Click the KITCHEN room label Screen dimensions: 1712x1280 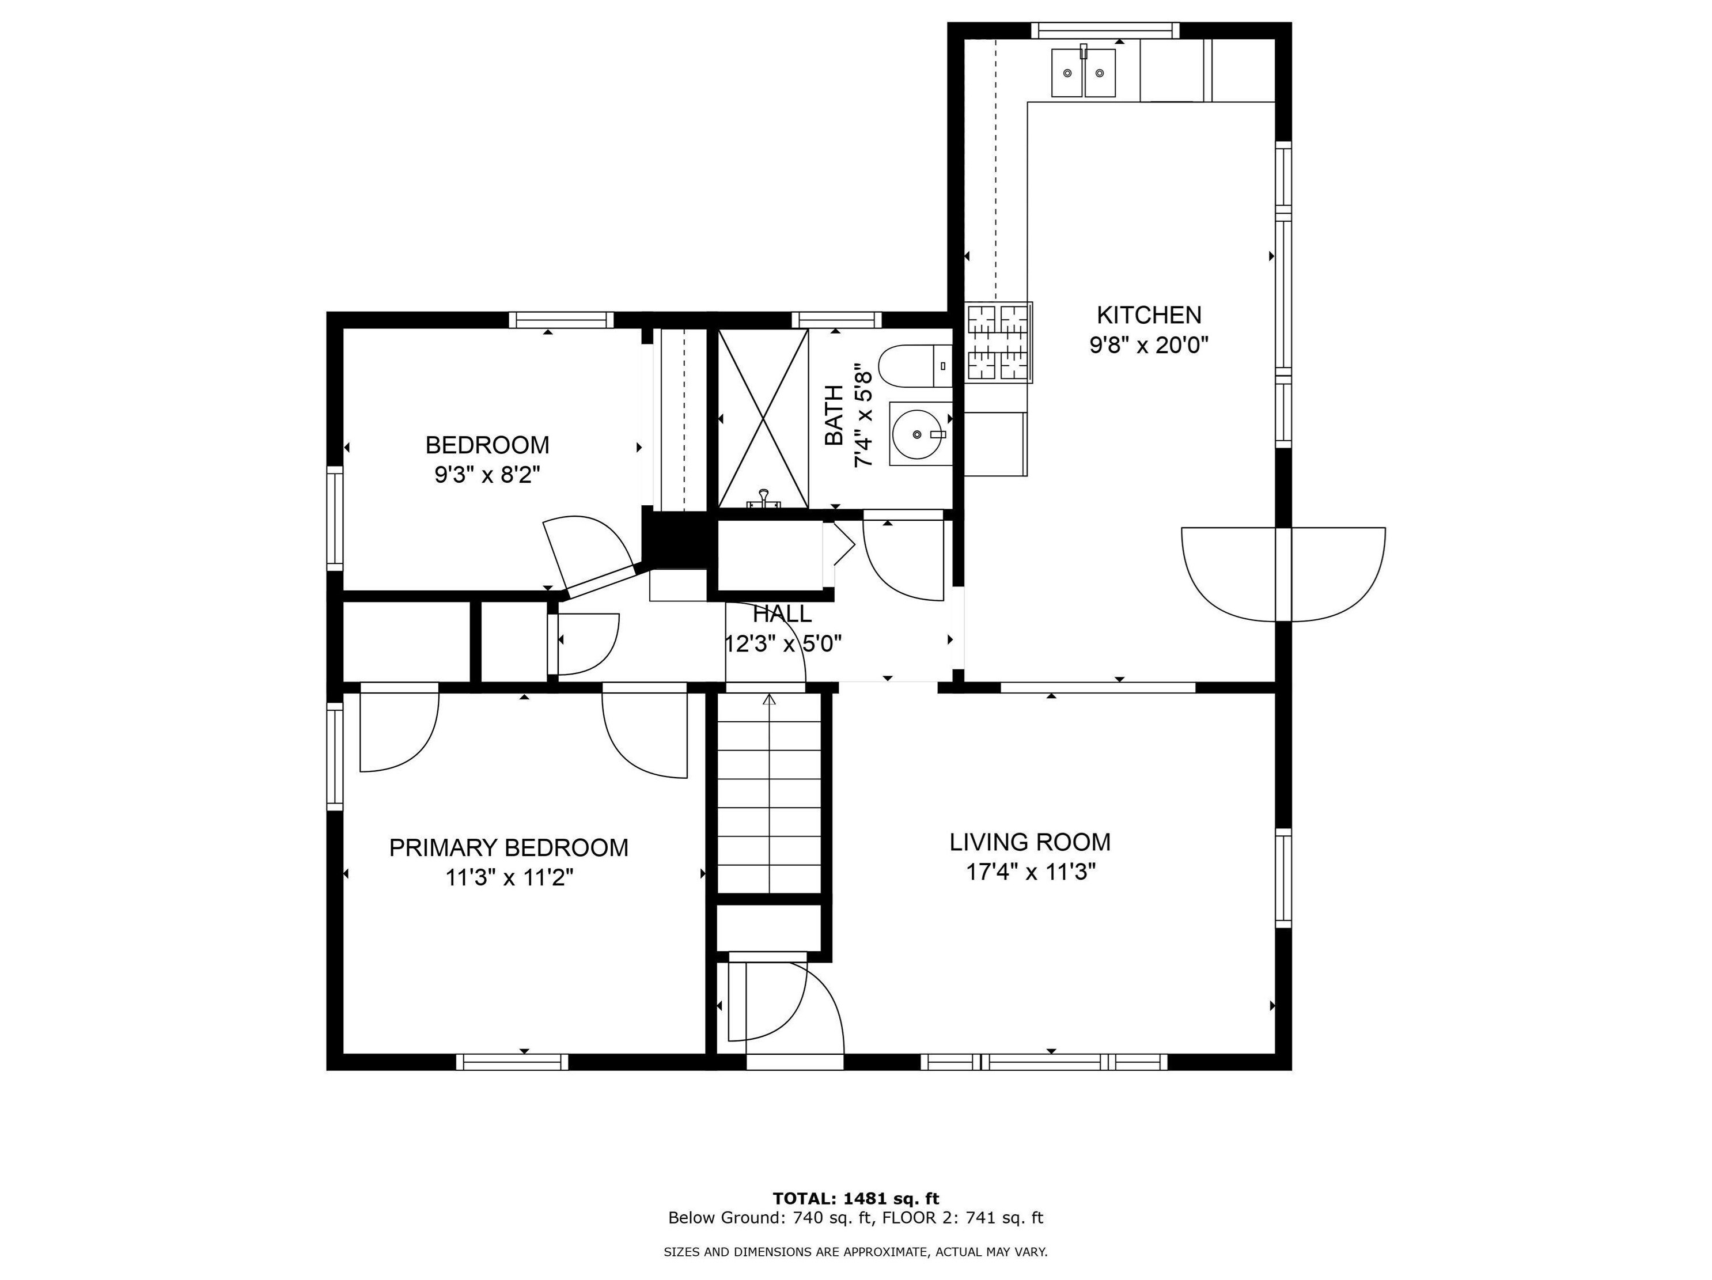pos(1149,315)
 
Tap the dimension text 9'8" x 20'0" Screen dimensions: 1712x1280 pos(1149,344)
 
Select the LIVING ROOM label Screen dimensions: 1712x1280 pos(1030,842)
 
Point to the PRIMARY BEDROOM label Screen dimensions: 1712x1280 pos(509,848)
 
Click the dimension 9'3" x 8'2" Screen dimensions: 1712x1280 pos(487,475)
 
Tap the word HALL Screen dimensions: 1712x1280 pos(782,614)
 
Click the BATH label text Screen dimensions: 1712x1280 pos(834,426)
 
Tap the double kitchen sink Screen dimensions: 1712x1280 pos(1083,72)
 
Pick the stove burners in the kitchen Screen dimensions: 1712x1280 pos(998,342)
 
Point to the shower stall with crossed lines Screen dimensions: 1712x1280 pos(763,419)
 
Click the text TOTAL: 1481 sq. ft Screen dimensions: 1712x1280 pos(856,1199)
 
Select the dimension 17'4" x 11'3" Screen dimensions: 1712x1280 pos(1030,872)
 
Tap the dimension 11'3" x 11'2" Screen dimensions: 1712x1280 pos(509,878)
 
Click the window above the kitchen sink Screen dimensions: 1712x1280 pos(1105,30)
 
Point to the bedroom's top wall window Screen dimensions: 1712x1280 pos(561,320)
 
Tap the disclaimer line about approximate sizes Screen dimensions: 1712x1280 pos(856,1251)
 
